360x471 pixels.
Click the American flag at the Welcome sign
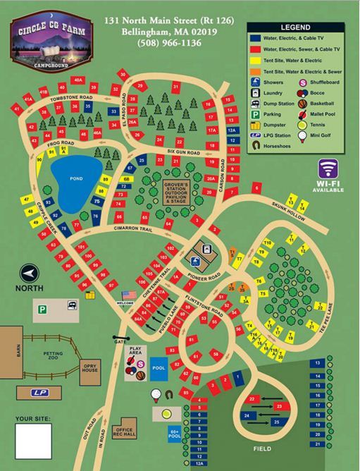128,295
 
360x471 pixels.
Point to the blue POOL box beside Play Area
159,367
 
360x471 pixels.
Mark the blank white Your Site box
33,441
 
